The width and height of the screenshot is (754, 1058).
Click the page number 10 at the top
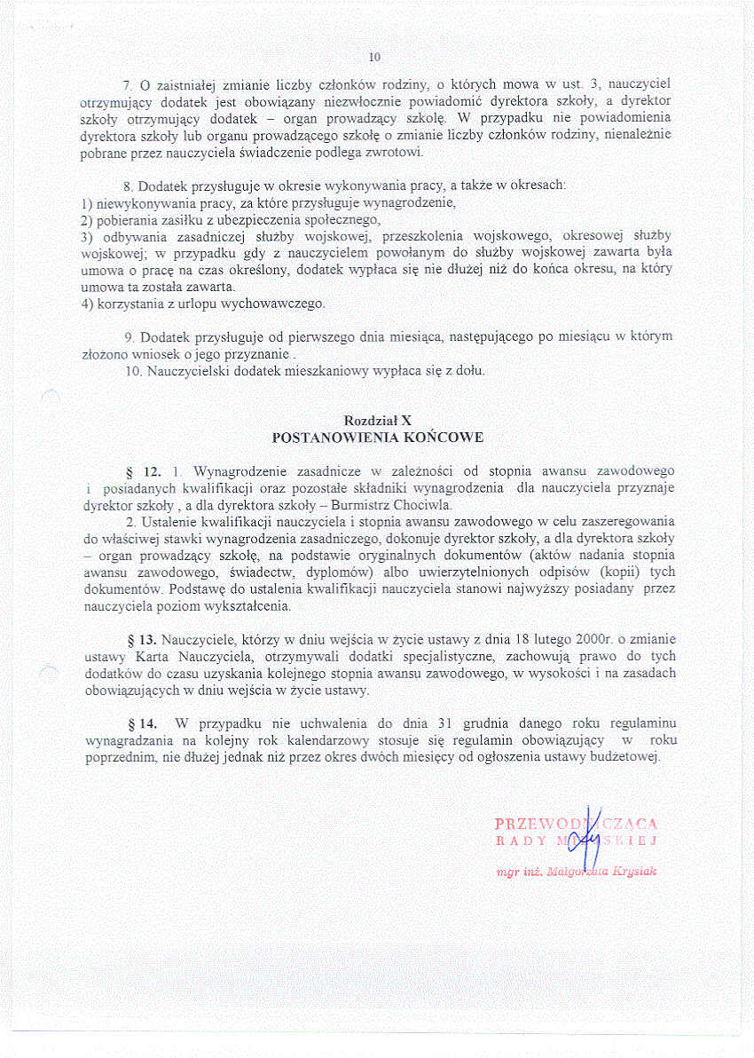point(374,57)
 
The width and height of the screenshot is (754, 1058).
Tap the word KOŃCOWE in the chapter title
point(438,438)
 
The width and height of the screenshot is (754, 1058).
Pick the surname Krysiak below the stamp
point(631,872)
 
